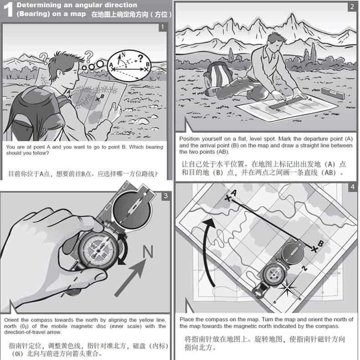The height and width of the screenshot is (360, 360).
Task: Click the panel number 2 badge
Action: (x=352, y=7)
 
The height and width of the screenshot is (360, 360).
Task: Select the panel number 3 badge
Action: (x=166, y=196)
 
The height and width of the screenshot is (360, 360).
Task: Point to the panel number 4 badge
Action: (x=352, y=187)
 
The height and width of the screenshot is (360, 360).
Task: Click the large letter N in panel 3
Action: (x=148, y=251)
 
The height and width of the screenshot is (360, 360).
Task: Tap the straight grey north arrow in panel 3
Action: (x=130, y=278)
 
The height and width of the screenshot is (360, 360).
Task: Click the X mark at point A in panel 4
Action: (x=227, y=198)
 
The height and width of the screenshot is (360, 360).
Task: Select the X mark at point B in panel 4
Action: (x=314, y=249)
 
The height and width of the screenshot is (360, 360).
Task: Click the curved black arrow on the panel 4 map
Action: (x=205, y=250)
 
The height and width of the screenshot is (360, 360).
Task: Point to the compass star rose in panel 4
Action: (x=287, y=288)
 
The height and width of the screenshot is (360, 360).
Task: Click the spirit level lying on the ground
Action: (x=333, y=93)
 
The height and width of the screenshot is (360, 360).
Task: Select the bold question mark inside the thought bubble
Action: (x=140, y=58)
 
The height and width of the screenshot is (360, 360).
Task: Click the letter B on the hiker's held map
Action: (x=102, y=96)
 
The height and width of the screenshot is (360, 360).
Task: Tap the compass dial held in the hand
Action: (x=98, y=250)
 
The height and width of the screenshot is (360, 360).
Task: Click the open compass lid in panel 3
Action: (x=132, y=208)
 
